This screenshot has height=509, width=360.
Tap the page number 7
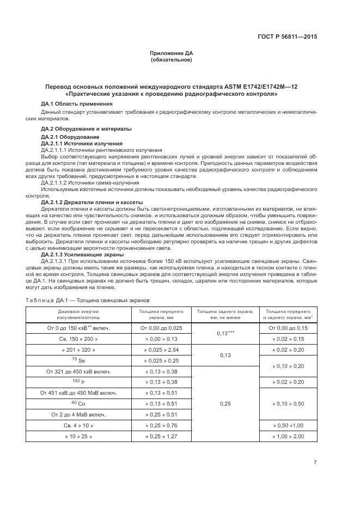click(315, 462)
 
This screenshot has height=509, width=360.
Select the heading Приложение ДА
click(171, 53)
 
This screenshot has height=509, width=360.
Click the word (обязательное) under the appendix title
click(171, 59)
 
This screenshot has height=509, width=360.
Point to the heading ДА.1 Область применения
click(77, 103)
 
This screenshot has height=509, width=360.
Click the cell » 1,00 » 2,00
click(291, 437)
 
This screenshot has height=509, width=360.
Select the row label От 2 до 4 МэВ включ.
click(78, 414)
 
